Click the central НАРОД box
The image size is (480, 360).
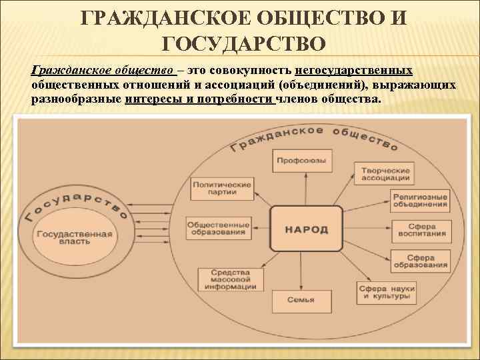click(x=306, y=229)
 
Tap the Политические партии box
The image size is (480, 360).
click(x=222, y=189)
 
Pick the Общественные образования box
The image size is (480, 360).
click(x=218, y=229)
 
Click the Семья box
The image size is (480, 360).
click(x=301, y=301)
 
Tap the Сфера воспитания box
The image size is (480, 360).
click(x=422, y=231)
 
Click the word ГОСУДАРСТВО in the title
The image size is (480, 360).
click(x=244, y=44)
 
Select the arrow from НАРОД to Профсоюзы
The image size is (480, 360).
click(x=300, y=188)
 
